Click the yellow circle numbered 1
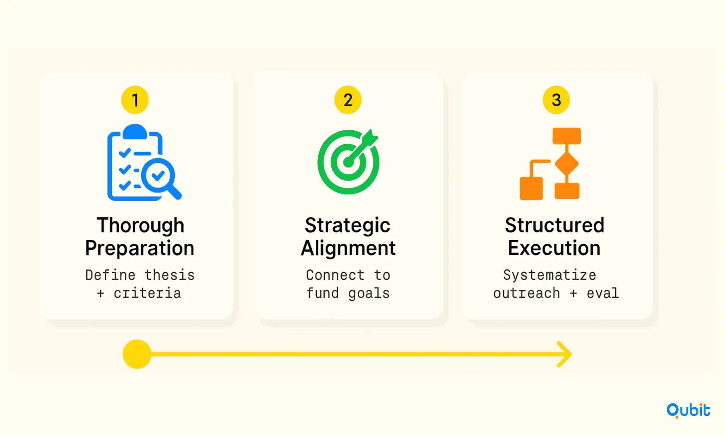(135, 100)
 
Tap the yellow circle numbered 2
(347, 100)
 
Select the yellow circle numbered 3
(556, 100)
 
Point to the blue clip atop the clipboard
(135, 132)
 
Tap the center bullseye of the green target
(348, 162)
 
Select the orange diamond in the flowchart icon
(566, 163)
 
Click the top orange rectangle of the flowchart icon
(566, 136)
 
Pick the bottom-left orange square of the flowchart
(531, 188)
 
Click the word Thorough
(141, 226)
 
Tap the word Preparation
(140, 249)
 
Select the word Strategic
(347, 226)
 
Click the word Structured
(554, 225)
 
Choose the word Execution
(554, 248)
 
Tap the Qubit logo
(688, 410)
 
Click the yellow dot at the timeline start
(137, 354)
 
